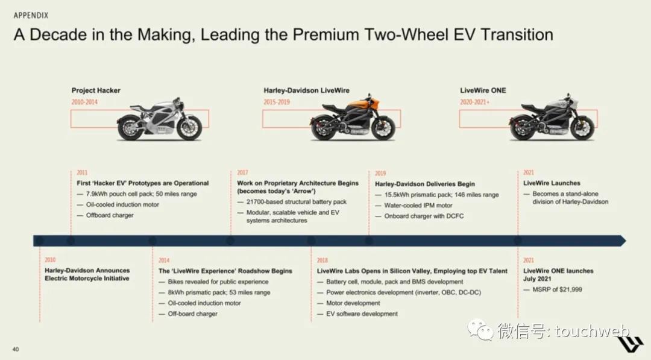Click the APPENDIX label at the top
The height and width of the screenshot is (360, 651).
click(x=31, y=15)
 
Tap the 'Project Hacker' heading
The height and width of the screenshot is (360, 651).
click(x=96, y=90)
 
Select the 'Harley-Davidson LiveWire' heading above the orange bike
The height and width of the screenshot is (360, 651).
click(x=306, y=90)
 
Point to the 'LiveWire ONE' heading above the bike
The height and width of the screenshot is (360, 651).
click(x=483, y=90)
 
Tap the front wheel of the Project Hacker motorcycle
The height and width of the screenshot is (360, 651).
click(x=189, y=128)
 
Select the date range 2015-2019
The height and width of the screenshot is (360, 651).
click(x=277, y=102)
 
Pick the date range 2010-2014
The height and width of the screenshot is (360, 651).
click(x=84, y=102)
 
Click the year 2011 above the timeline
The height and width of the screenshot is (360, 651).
click(x=82, y=172)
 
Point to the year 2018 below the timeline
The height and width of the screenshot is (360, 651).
click(x=322, y=261)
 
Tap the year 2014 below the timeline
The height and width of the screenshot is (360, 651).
click(x=163, y=261)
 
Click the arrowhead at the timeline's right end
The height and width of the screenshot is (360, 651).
click(x=623, y=241)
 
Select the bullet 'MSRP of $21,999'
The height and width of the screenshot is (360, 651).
click(x=557, y=289)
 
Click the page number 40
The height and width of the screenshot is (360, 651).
click(x=16, y=349)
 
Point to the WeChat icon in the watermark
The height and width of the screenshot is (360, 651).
click(x=480, y=329)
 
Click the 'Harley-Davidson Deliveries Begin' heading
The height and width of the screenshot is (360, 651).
click(x=425, y=184)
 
